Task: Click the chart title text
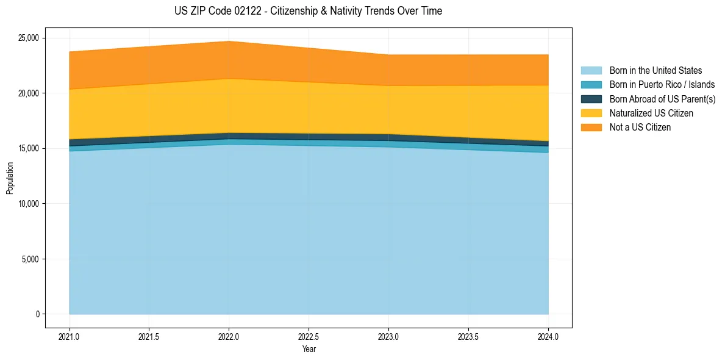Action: [308, 11]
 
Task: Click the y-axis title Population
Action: [10, 178]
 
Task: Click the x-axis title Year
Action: [309, 349]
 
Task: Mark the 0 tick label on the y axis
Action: [37, 314]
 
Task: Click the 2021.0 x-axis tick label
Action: [70, 336]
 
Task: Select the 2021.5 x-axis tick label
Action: [149, 336]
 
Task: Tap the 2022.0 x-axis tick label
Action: [229, 336]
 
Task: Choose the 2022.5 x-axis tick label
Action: [309, 336]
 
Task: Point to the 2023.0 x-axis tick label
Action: [388, 336]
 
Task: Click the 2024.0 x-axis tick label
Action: [548, 336]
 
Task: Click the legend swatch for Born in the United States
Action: [591, 71]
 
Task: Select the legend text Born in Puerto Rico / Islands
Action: [662, 85]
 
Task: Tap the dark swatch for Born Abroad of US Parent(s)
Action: [591, 99]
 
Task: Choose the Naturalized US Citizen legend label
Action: [651, 113]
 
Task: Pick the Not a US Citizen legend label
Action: [640, 127]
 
